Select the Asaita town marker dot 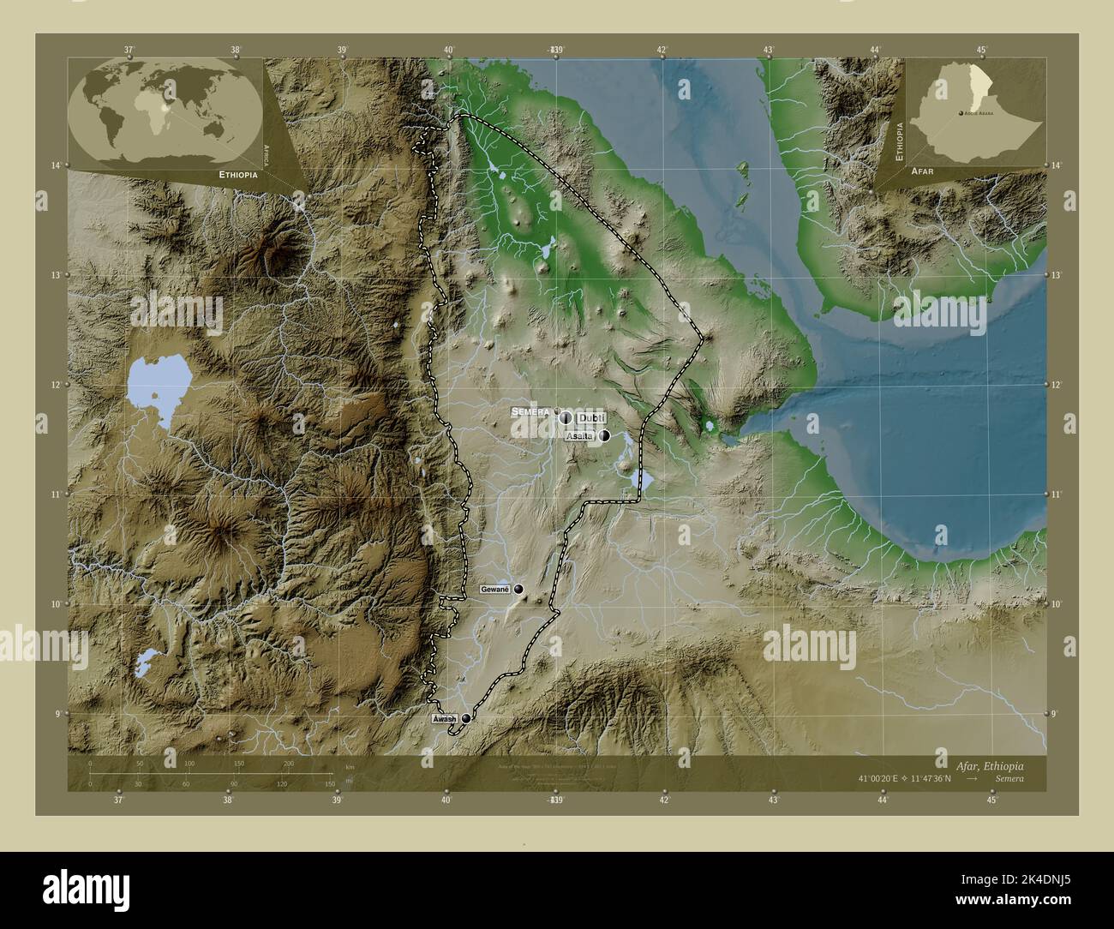coord(605,435)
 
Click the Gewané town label coord(495,590)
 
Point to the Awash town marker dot coord(466,718)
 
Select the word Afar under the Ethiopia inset coord(923,171)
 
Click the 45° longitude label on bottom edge coord(992,800)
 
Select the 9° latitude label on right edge coord(1057,713)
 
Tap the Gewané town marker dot coord(518,590)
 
